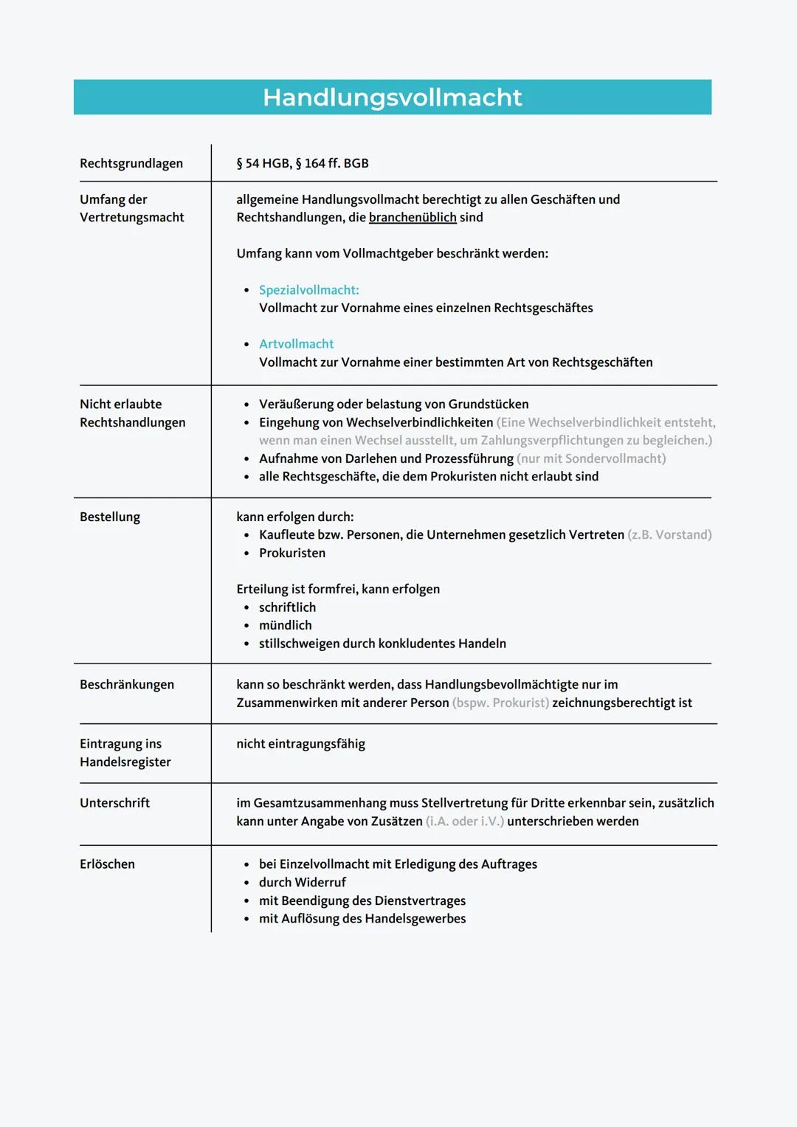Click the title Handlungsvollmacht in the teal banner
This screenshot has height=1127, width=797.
pos(392,97)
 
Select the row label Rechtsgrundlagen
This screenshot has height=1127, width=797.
pos(131,163)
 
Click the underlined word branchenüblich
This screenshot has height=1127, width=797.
pos(413,217)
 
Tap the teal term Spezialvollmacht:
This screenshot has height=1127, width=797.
pos(309,290)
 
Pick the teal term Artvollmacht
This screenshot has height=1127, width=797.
pos(296,344)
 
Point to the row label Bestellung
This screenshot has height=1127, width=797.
pos(110,517)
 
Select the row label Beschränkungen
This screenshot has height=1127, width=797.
pos(127,684)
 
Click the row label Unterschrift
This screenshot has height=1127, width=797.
pos(114,802)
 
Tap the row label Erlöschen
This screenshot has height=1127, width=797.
pos(107,864)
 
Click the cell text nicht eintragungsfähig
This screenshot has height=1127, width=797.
pos(300,743)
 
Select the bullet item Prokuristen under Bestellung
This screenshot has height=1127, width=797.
pos(292,553)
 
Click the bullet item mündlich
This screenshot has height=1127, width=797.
pos(286,625)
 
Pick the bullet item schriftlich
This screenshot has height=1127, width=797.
pos(287,607)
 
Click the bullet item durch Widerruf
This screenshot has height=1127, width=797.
pos(303,882)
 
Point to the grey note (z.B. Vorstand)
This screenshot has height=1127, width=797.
pos(669,534)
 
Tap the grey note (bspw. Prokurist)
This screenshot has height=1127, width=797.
pos(500,703)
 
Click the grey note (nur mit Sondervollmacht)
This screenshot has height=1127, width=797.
pos(591,458)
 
